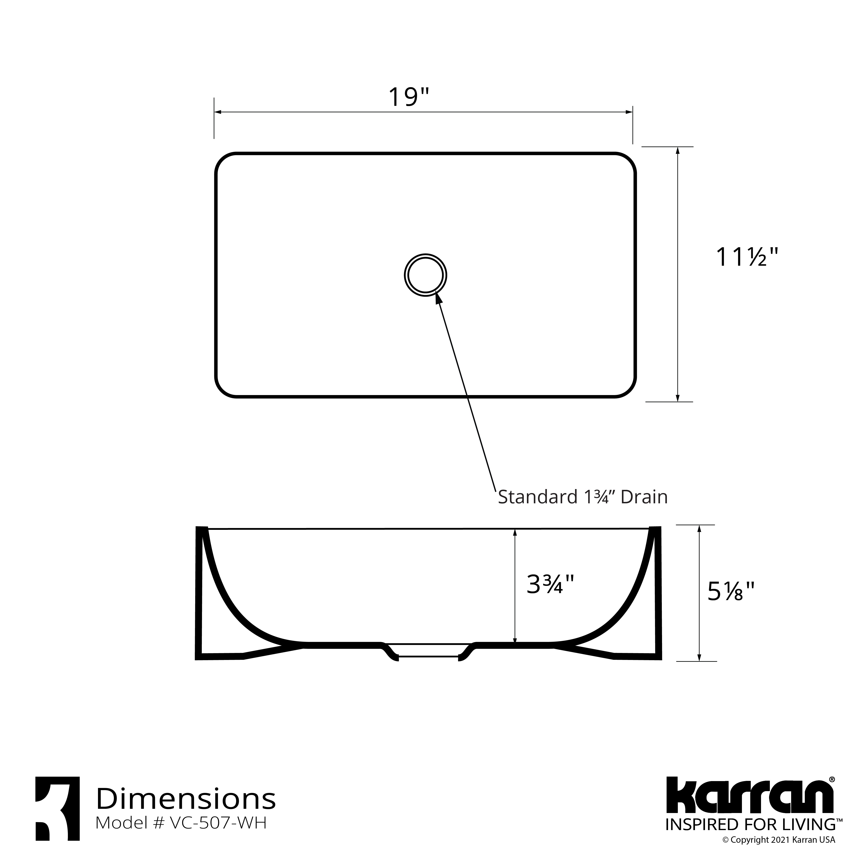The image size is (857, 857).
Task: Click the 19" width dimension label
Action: (409, 97)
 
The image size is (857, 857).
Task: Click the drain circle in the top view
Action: (425, 276)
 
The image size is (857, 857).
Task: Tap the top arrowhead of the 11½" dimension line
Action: (677, 151)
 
